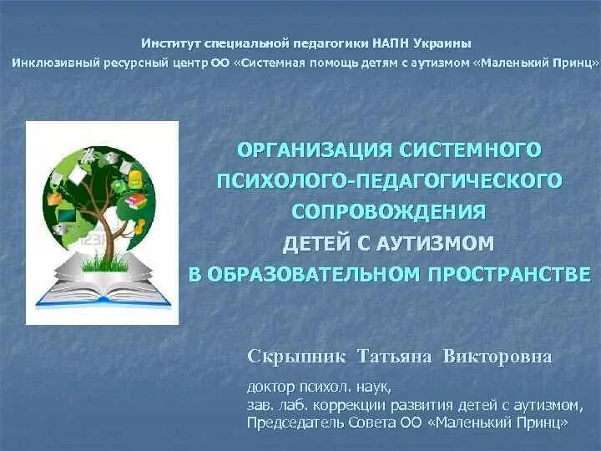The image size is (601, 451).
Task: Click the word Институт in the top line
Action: coord(168,43)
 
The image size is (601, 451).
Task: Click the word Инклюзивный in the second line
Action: coord(52,63)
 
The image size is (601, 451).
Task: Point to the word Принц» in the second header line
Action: coord(571,63)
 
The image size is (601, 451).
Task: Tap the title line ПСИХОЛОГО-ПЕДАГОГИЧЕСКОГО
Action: coord(387,181)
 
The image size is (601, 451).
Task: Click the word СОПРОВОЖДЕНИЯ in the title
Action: coord(389,212)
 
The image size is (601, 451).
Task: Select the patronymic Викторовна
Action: coord(497,357)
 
